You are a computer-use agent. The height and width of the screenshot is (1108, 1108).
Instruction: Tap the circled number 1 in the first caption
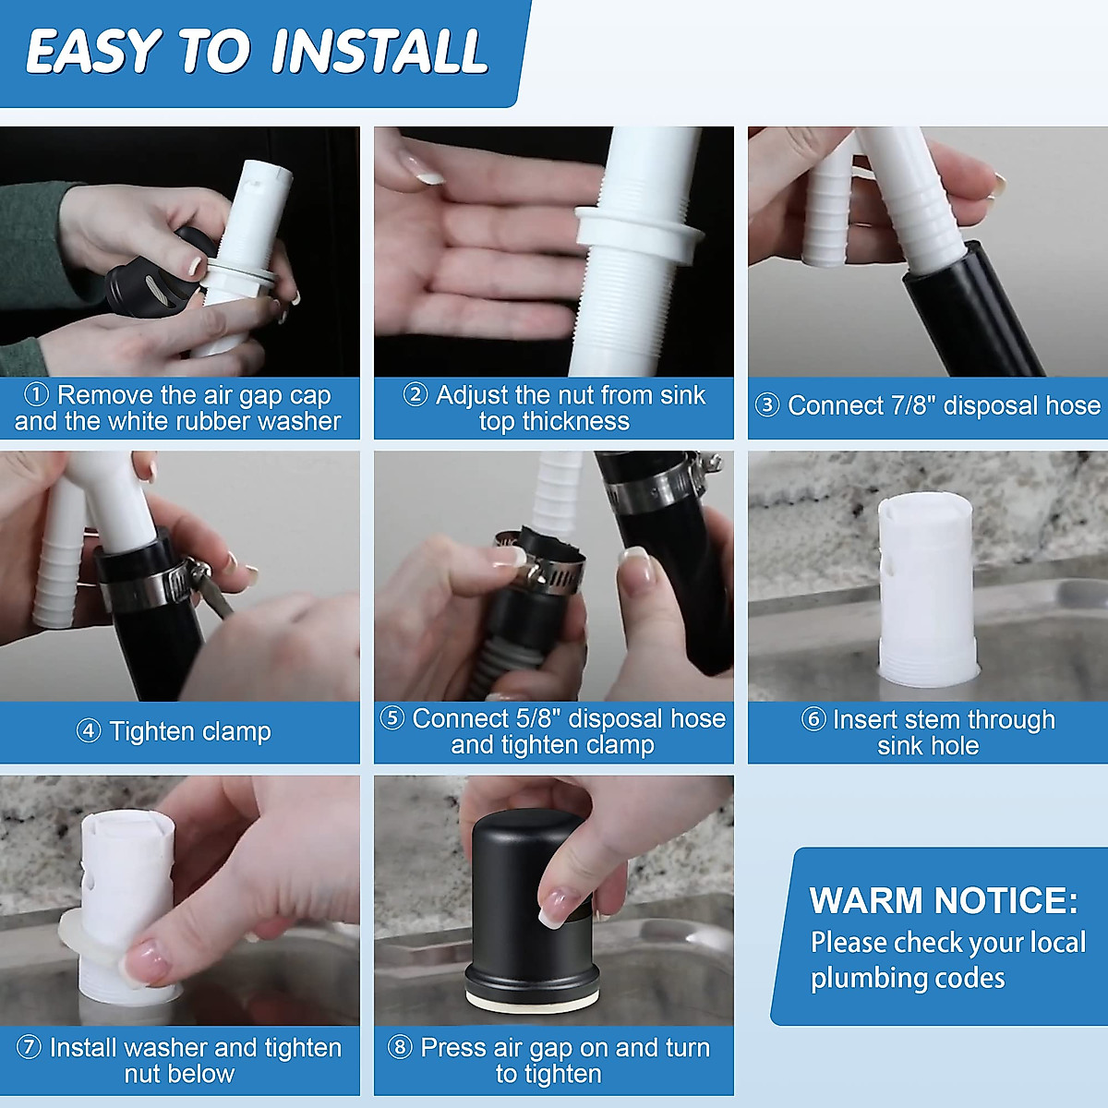(37, 395)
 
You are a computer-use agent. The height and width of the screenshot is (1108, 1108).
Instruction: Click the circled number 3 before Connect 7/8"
(767, 405)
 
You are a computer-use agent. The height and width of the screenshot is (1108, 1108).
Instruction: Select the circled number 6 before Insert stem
(813, 720)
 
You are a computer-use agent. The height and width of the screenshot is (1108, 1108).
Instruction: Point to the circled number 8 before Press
(400, 1047)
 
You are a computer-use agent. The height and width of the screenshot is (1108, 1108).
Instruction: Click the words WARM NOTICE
(944, 900)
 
